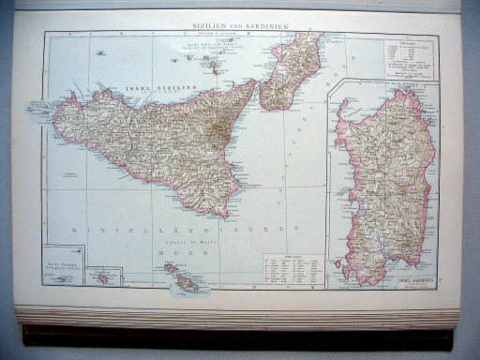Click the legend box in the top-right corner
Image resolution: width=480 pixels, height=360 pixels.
410,55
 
